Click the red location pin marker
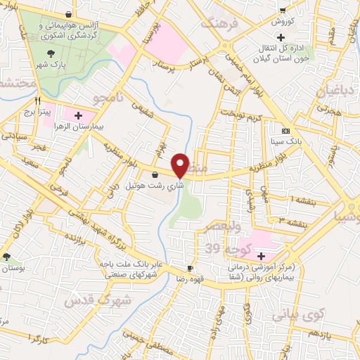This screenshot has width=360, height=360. click(181, 165)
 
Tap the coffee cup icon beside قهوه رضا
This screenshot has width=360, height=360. click(189, 269)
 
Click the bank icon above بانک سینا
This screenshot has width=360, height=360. click(285, 131)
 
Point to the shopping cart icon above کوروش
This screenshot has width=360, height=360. click(282, 11)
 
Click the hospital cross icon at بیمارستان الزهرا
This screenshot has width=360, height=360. click(77, 114)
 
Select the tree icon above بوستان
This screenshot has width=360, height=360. click(6, 257)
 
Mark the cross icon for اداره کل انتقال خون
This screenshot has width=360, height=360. click(281, 37)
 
